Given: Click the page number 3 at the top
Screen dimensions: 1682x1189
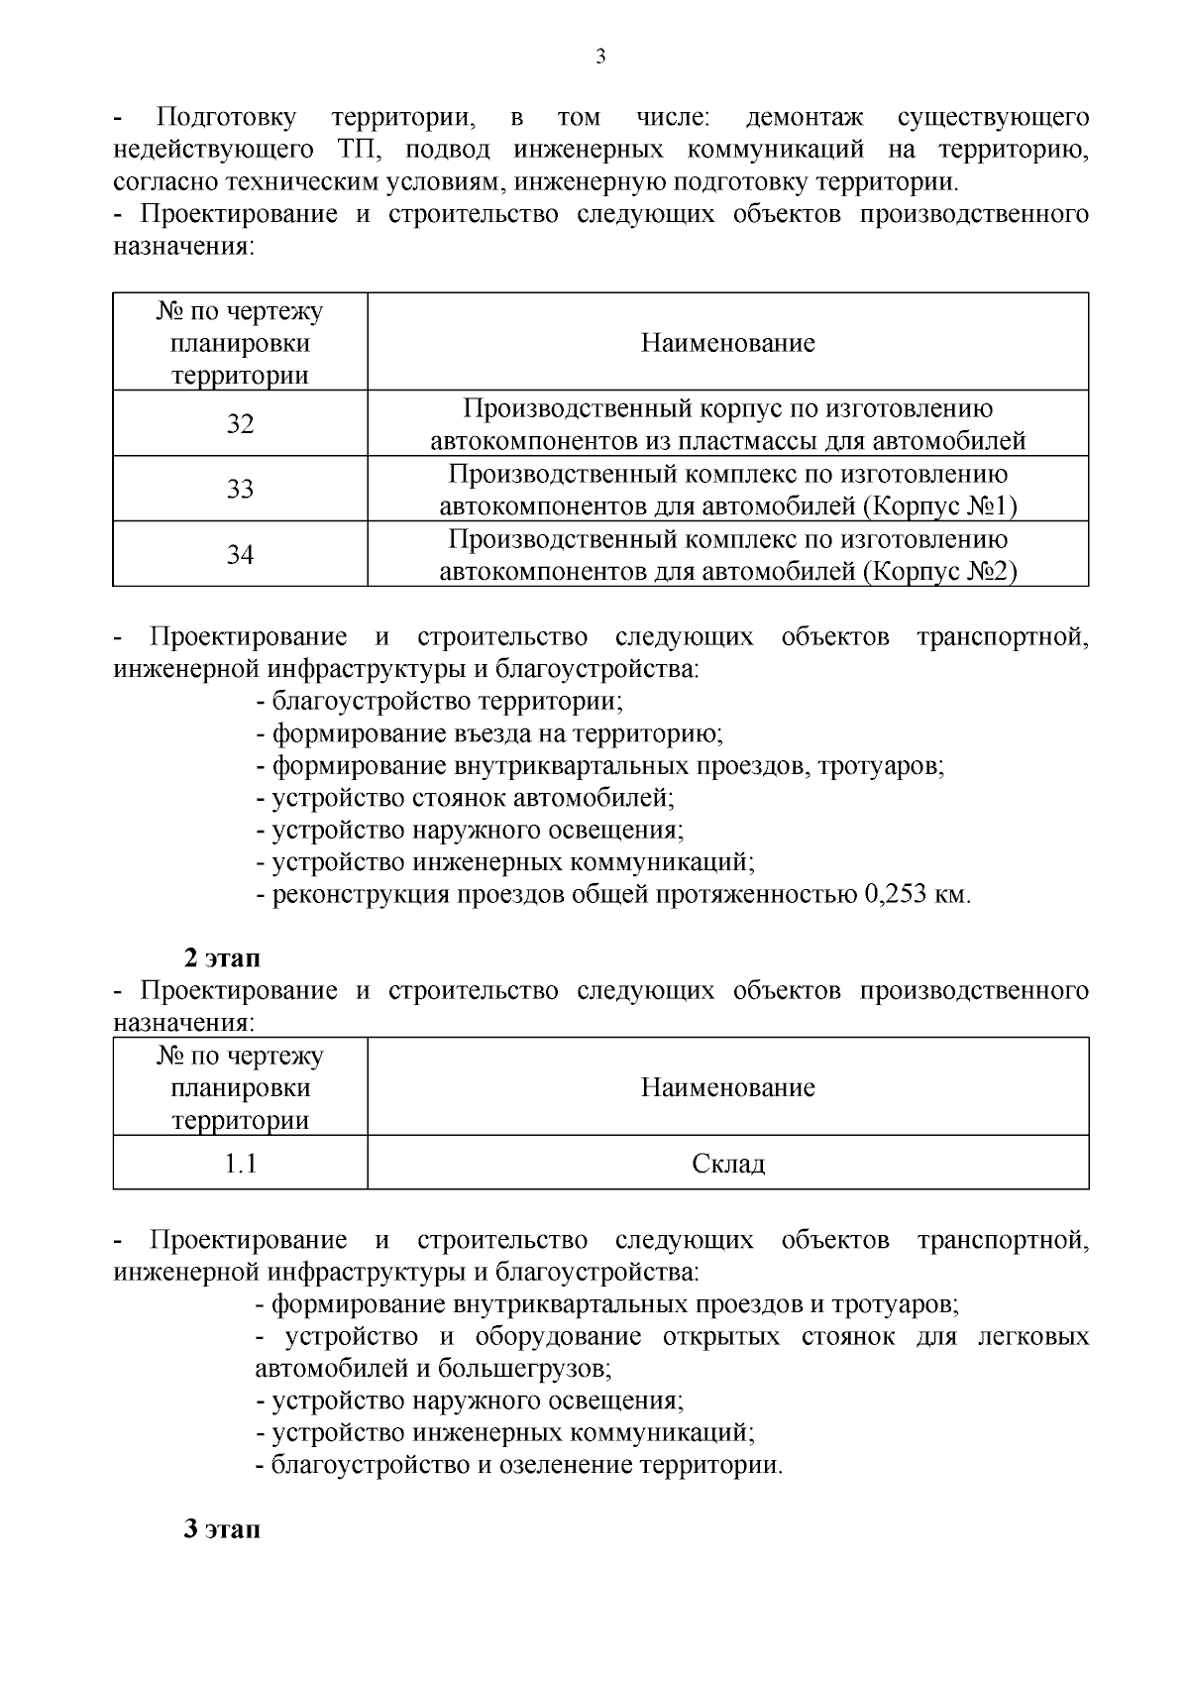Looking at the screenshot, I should point(599,56).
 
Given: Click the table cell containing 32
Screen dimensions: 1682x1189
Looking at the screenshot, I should point(240,424).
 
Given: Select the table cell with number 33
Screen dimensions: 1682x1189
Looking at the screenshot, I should point(240,490).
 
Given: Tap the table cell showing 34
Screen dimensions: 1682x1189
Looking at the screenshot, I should point(240,555).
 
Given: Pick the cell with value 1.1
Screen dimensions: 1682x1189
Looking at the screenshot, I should point(240,1164).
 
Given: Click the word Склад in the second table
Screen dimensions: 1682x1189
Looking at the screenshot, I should point(727,1164).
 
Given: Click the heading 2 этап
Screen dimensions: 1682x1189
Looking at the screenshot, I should point(222,958).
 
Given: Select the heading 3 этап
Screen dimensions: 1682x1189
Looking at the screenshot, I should point(222,1528).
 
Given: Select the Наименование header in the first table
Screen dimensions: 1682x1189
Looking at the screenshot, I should point(727,343).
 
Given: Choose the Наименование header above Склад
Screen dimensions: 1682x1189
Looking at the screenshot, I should point(727,1087).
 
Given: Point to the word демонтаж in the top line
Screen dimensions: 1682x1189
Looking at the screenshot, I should point(804,118).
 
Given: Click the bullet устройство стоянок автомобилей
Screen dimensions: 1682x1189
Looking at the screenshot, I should point(465,798).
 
